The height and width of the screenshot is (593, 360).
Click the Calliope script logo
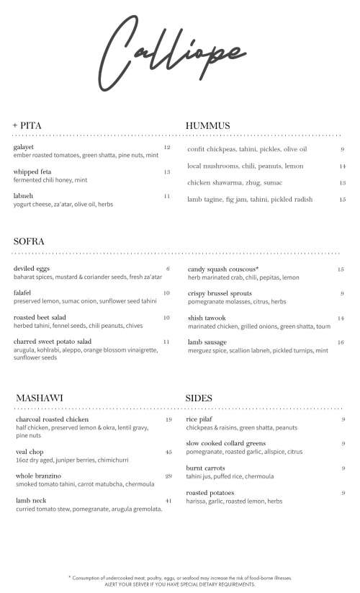pyautogui.click(x=180, y=51)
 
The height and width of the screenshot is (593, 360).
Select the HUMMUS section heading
pyautogui.click(x=207, y=126)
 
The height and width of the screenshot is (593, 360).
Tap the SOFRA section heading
pyautogui.click(x=30, y=242)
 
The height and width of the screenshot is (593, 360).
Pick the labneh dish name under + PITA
pyautogui.click(x=23, y=196)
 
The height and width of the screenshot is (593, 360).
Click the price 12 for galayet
pyautogui.click(x=167, y=148)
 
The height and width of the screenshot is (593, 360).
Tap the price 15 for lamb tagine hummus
pyautogui.click(x=342, y=200)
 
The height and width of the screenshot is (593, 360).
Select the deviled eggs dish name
pyautogui.click(x=30, y=269)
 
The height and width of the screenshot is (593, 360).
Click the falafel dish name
pyautogui.click(x=22, y=293)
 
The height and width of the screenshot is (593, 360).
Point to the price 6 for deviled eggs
pyautogui.click(x=168, y=269)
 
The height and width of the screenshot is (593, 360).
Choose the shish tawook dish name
pyautogui.click(x=208, y=318)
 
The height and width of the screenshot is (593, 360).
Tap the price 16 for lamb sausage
pyautogui.click(x=341, y=342)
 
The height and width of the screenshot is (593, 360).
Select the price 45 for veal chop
pyautogui.click(x=168, y=452)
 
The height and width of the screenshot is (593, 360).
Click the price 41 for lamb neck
pyautogui.click(x=168, y=501)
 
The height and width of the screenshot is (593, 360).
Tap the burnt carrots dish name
pyautogui.click(x=205, y=468)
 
